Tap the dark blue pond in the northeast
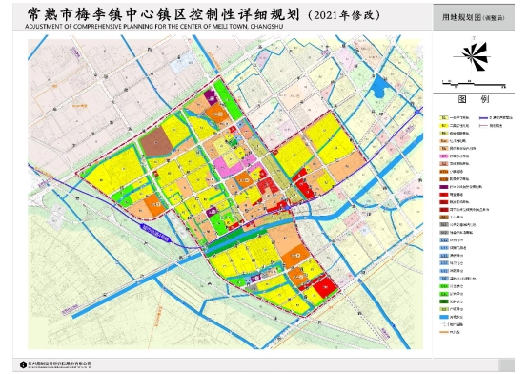380,89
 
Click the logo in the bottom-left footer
17,364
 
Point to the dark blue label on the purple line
155,230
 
